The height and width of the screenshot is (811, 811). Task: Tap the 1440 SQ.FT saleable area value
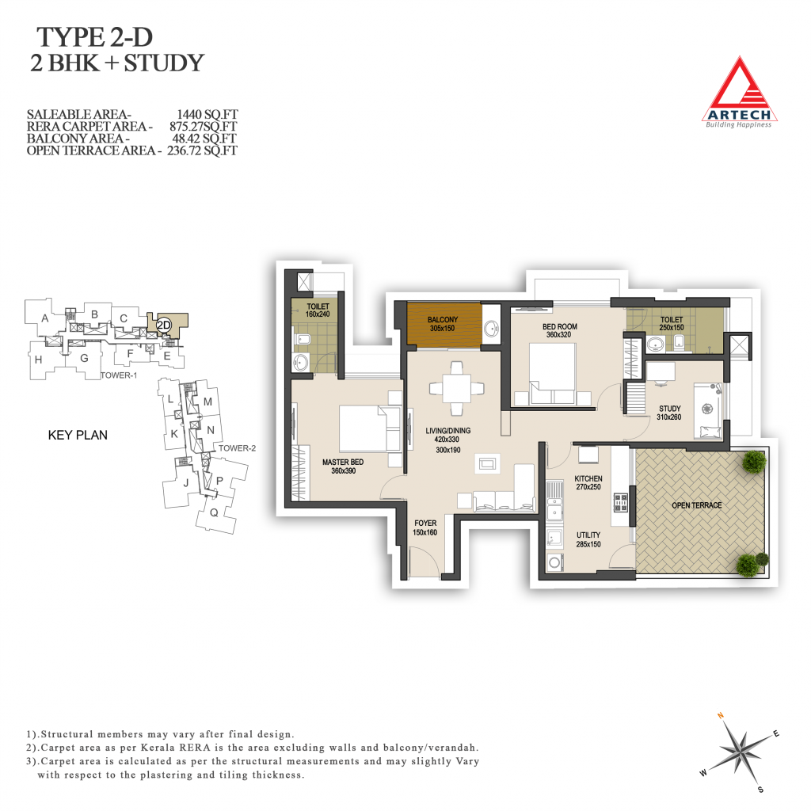point(207,114)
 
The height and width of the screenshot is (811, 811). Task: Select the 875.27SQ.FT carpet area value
point(204,126)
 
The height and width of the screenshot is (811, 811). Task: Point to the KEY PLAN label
point(78,435)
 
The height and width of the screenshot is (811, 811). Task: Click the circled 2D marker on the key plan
point(163,325)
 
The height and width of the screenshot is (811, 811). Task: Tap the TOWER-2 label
point(237,448)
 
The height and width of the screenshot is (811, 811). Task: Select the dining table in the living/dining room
point(457,388)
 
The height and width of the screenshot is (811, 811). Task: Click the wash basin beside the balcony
point(491,328)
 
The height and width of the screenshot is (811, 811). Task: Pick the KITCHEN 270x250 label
point(588,482)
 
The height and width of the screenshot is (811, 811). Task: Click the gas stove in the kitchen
point(621,502)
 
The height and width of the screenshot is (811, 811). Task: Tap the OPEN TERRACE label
point(697,505)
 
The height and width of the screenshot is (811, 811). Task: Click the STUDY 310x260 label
point(669,413)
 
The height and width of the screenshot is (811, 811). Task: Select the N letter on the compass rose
point(720,716)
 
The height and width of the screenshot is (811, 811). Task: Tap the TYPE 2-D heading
point(95,37)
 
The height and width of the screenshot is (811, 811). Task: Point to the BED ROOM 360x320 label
point(559,330)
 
